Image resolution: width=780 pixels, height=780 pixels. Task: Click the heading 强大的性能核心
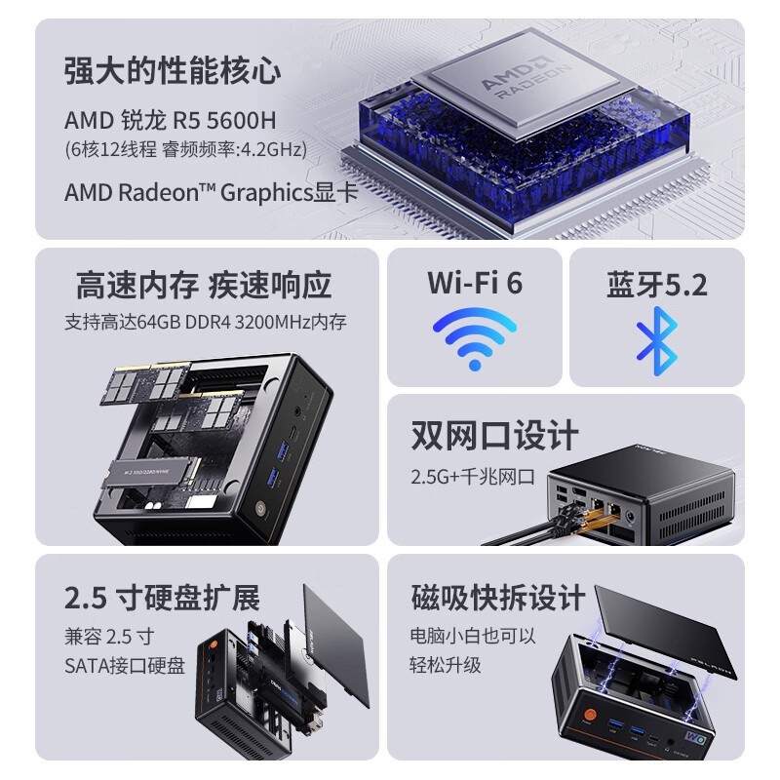tap(173, 70)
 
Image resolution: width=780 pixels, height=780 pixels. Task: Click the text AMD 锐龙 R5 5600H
tap(171, 120)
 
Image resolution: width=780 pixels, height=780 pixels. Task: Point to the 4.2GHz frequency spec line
tap(186, 149)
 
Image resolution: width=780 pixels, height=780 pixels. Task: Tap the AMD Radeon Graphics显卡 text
tap(211, 191)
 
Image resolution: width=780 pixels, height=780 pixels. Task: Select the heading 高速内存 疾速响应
tap(204, 285)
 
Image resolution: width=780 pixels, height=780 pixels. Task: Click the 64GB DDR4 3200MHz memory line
tap(206, 321)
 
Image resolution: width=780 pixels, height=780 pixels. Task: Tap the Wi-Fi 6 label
tap(475, 283)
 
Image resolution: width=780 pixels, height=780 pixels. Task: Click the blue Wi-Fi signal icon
tap(475, 337)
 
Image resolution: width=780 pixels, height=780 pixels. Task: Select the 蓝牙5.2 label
tap(657, 285)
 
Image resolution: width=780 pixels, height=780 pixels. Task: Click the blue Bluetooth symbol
tap(656, 339)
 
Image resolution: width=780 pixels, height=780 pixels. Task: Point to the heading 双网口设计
tap(494, 435)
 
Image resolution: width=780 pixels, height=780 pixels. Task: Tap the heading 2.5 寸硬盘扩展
tap(163, 596)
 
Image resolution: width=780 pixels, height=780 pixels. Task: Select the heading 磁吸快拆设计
tap(497, 596)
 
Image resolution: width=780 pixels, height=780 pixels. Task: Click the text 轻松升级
tap(446, 665)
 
